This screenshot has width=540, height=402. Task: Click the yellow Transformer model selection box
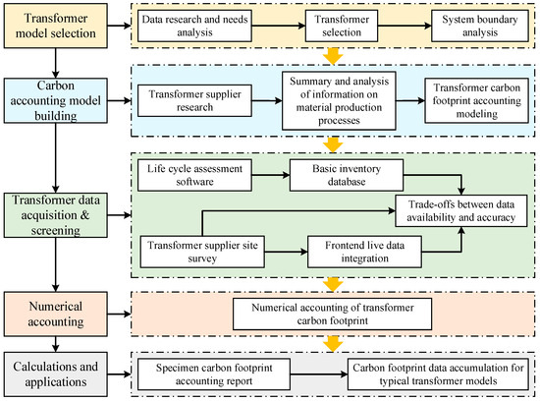coord(55,26)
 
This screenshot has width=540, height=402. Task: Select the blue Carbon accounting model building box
coord(55,100)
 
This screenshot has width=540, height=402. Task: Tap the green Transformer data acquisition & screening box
coord(55,215)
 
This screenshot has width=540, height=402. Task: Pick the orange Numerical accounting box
coord(55,315)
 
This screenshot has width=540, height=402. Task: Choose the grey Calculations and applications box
coord(55,374)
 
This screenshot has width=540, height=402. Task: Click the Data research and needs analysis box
coord(194,26)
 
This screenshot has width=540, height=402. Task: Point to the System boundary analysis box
coord(480,26)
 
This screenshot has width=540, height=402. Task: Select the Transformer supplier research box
coord(194,100)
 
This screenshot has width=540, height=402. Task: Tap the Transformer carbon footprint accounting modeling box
coord(476,100)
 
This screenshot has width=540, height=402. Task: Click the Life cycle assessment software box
coord(194,175)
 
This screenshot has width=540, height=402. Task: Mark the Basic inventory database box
coord(347,175)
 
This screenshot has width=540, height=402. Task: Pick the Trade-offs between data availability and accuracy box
coord(461,210)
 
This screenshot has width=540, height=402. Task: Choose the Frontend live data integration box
coord(364,252)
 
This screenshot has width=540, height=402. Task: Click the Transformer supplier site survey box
coord(202,252)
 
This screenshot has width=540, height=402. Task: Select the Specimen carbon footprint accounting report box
coord(214,374)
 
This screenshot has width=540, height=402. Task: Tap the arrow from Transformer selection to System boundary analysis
coord(405,26)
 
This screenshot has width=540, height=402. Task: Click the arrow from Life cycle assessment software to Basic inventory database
coord(271,175)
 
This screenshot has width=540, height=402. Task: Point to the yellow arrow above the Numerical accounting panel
coord(333,284)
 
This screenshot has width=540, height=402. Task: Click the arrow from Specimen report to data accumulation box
coord(319,374)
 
